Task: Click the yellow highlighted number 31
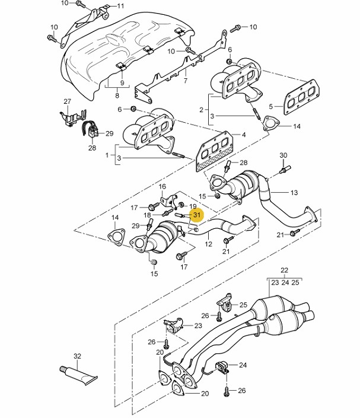(x=196, y=215)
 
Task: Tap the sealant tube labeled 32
(x=78, y=375)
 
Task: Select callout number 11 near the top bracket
(x=121, y=6)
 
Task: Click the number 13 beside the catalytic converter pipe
(x=294, y=193)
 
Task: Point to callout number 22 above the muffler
(x=284, y=270)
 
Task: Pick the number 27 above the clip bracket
(x=67, y=101)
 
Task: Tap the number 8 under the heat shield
(x=117, y=95)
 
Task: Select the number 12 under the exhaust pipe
(x=208, y=244)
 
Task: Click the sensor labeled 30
(x=285, y=169)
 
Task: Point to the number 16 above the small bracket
(x=163, y=186)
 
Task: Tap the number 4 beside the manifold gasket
(x=244, y=135)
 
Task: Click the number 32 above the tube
(x=77, y=356)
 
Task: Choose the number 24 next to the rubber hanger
(x=243, y=365)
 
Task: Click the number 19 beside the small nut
(x=193, y=206)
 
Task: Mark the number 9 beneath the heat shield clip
(x=122, y=82)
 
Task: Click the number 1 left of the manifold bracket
(x=107, y=155)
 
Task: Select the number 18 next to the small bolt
(x=147, y=215)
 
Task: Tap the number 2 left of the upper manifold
(x=201, y=110)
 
